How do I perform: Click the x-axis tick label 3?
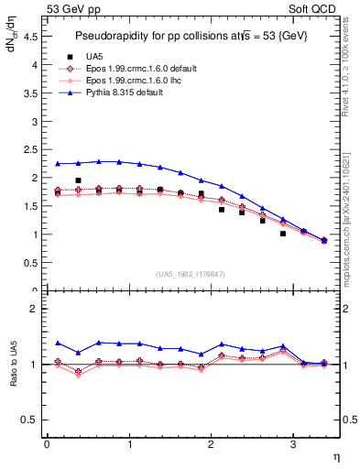click(x=292, y=444)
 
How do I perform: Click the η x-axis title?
click(x=335, y=456)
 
